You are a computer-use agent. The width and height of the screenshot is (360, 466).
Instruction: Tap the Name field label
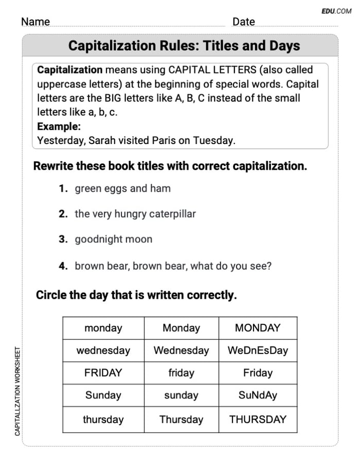click(35, 22)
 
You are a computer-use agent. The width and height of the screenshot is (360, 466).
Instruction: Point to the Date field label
click(243, 22)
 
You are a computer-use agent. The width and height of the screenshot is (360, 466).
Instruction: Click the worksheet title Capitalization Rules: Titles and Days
click(184, 46)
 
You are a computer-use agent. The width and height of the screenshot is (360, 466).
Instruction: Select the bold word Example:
click(59, 127)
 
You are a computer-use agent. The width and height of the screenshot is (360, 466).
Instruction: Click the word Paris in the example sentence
click(164, 140)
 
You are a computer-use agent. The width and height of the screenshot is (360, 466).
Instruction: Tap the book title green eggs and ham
click(122, 189)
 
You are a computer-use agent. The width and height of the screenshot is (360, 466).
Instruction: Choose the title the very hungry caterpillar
click(135, 214)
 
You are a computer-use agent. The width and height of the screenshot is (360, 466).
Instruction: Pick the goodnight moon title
click(113, 239)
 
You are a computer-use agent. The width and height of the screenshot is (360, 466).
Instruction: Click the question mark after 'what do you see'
click(269, 266)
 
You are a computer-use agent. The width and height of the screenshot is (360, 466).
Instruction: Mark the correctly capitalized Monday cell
click(181, 328)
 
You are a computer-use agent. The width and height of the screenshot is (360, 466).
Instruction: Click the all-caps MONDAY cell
click(258, 328)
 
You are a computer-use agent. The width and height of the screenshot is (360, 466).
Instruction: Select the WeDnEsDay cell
click(258, 351)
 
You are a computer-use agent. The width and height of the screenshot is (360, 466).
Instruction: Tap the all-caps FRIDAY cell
click(103, 373)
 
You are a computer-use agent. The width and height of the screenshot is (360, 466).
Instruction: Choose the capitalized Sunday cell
click(103, 396)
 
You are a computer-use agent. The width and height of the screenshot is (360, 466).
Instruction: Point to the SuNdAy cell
click(258, 396)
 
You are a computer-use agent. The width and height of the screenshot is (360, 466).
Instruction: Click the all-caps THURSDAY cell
click(258, 420)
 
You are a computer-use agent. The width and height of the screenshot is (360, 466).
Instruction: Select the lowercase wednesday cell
click(103, 351)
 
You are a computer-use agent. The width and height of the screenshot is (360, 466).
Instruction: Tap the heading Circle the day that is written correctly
click(136, 296)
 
